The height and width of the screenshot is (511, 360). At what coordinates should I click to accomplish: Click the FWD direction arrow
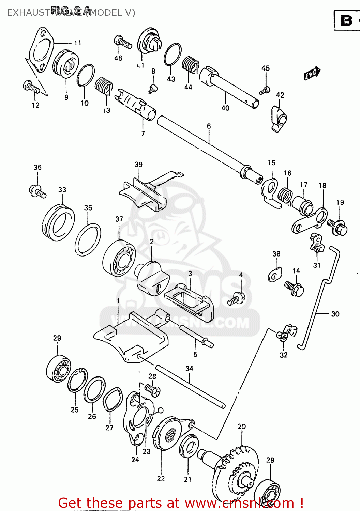click(x=312, y=73)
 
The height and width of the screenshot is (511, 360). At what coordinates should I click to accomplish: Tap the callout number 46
click(x=118, y=58)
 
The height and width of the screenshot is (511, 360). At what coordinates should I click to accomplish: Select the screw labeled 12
click(x=31, y=87)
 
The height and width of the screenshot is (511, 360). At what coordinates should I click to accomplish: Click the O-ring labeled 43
click(x=172, y=55)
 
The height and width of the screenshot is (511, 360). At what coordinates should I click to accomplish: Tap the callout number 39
click(x=138, y=165)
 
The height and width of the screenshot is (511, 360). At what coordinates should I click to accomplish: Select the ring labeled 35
click(x=88, y=239)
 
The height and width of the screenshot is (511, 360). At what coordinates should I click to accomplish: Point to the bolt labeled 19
click(x=337, y=227)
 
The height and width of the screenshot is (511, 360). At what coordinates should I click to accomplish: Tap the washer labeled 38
click(x=275, y=275)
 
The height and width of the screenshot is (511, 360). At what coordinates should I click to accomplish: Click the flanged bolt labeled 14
click(x=294, y=288)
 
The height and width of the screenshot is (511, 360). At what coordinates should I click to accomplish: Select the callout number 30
click(x=335, y=314)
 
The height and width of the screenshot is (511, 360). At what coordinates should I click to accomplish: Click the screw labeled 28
click(x=152, y=390)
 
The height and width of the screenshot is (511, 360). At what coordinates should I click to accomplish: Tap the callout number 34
click(x=189, y=369)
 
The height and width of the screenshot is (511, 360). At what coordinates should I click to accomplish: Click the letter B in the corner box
click(x=346, y=20)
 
